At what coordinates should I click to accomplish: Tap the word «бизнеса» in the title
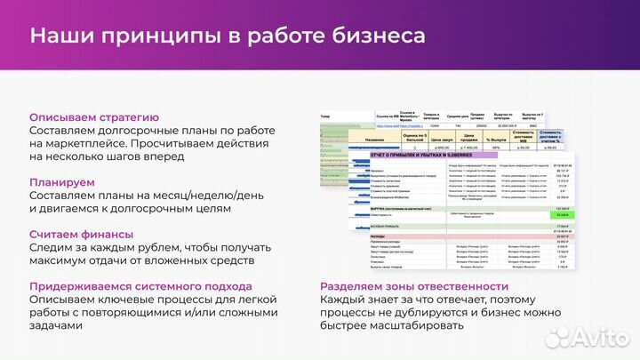(x=376, y=36)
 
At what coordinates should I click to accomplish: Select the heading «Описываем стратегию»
(x=94, y=117)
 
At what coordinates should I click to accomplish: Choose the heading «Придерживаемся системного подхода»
(x=140, y=286)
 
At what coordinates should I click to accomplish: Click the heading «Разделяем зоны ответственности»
(x=414, y=286)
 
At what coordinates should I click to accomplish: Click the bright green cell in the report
(x=562, y=214)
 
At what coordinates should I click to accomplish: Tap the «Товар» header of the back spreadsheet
(x=328, y=116)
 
